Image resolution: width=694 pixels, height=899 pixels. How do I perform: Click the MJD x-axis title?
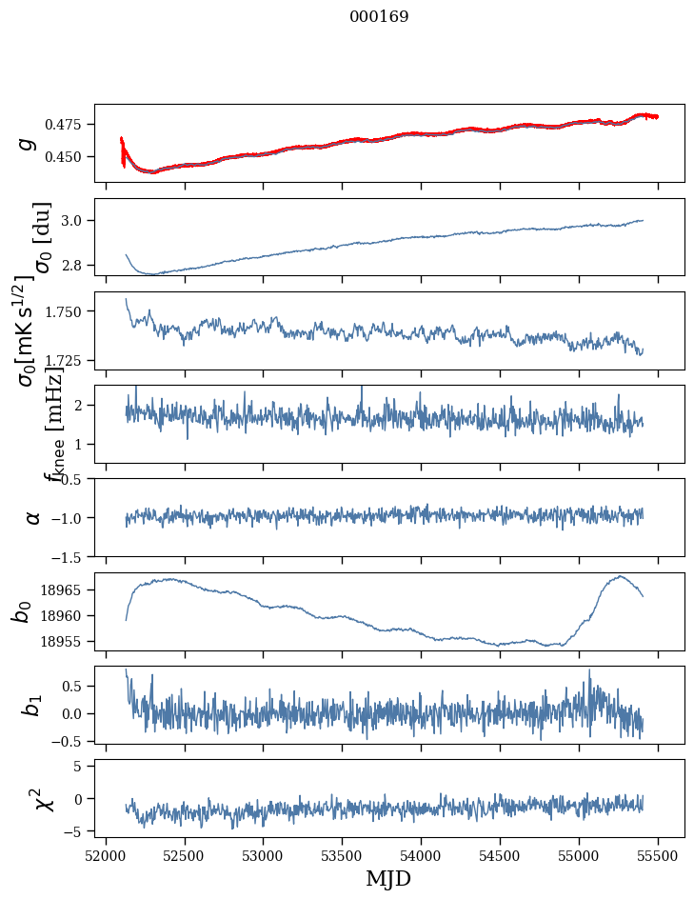click(388, 879)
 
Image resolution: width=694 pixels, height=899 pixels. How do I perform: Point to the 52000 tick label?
click(106, 855)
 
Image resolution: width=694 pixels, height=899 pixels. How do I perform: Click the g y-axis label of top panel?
click(28, 143)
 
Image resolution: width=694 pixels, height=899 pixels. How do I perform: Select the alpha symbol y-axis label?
click(33, 517)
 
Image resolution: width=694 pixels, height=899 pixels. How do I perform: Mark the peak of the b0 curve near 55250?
click(620, 576)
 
